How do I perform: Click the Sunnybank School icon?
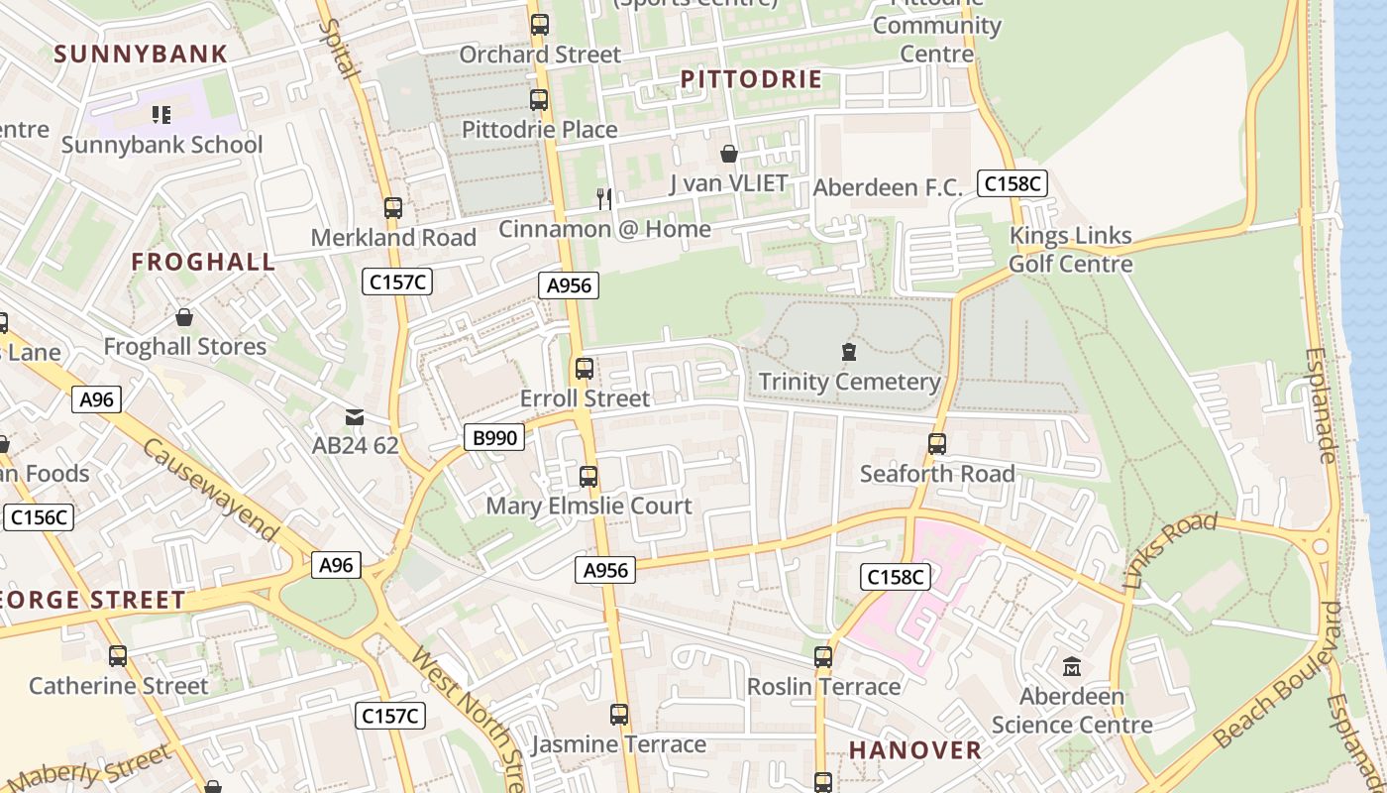pyautogui.click(x=161, y=115)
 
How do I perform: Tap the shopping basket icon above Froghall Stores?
pyautogui.click(x=184, y=317)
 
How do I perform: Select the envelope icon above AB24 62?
pyautogui.click(x=355, y=417)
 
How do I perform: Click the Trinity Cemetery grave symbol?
pyautogui.click(x=848, y=351)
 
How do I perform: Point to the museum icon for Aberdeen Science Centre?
pyautogui.click(x=1072, y=666)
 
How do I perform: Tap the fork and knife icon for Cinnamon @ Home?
pyautogui.click(x=604, y=199)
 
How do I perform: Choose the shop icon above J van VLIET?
pyautogui.click(x=729, y=154)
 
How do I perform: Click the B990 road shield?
pyautogui.click(x=493, y=436)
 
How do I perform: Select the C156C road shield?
pyautogui.click(x=39, y=516)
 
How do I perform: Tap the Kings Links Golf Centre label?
pyautogui.click(x=1070, y=250)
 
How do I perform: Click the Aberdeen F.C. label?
pyautogui.click(x=888, y=187)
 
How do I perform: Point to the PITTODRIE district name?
pyautogui.click(x=752, y=79)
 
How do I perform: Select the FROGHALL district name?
pyautogui.click(x=203, y=262)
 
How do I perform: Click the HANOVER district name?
pyautogui.click(x=915, y=749)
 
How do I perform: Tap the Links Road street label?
pyautogui.click(x=1171, y=551)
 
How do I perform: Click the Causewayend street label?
pyautogui.click(x=210, y=490)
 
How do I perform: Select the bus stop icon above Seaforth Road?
pyautogui.click(x=937, y=443)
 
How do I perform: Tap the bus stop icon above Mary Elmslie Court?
pyautogui.click(x=588, y=477)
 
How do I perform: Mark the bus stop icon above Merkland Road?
pyautogui.click(x=393, y=208)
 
